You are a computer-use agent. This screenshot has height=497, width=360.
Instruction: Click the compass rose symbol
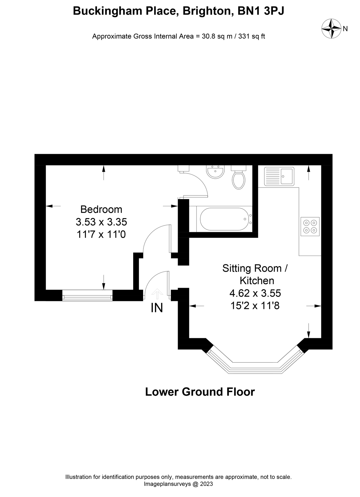331,28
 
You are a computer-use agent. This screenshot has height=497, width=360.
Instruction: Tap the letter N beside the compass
345,29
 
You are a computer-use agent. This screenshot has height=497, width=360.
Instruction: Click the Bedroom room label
101,209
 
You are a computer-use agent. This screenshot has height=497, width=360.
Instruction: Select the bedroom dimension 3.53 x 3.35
101,222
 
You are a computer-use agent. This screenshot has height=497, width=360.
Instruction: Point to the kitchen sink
279,176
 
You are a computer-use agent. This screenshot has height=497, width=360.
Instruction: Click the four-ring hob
310,226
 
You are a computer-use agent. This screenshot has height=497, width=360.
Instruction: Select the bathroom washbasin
215,172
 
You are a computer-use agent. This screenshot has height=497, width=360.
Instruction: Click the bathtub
224,219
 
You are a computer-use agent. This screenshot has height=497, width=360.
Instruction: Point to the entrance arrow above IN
157,294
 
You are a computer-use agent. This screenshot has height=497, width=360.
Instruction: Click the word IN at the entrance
157,308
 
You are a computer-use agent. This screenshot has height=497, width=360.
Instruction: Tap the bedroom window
87,295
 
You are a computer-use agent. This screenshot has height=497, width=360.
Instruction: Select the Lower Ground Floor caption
200,392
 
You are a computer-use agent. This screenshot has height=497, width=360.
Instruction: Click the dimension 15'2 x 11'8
255,306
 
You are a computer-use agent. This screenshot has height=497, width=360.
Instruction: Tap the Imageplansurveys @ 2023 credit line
178,484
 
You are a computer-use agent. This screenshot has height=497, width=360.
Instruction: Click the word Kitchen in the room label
257,281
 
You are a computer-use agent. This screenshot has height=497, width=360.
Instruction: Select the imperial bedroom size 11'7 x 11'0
101,234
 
